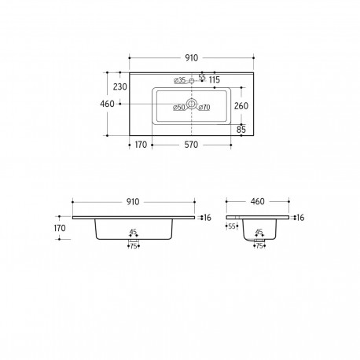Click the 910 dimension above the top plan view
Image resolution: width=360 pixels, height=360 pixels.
click(x=192, y=58)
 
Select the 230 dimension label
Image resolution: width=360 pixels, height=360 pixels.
click(x=120, y=86)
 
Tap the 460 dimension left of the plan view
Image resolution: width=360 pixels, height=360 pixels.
click(x=107, y=104)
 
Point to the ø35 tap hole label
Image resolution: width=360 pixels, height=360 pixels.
click(x=180, y=80)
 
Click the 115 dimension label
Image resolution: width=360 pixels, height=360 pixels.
click(x=215, y=79)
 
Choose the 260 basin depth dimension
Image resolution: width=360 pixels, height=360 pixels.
click(x=241, y=106)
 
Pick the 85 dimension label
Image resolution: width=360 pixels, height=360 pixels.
click(x=241, y=130)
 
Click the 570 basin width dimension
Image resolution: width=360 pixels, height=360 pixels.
click(x=191, y=145)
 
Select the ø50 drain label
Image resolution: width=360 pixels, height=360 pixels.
click(x=179, y=107)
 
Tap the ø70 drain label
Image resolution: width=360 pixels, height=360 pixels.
click(x=204, y=107)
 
